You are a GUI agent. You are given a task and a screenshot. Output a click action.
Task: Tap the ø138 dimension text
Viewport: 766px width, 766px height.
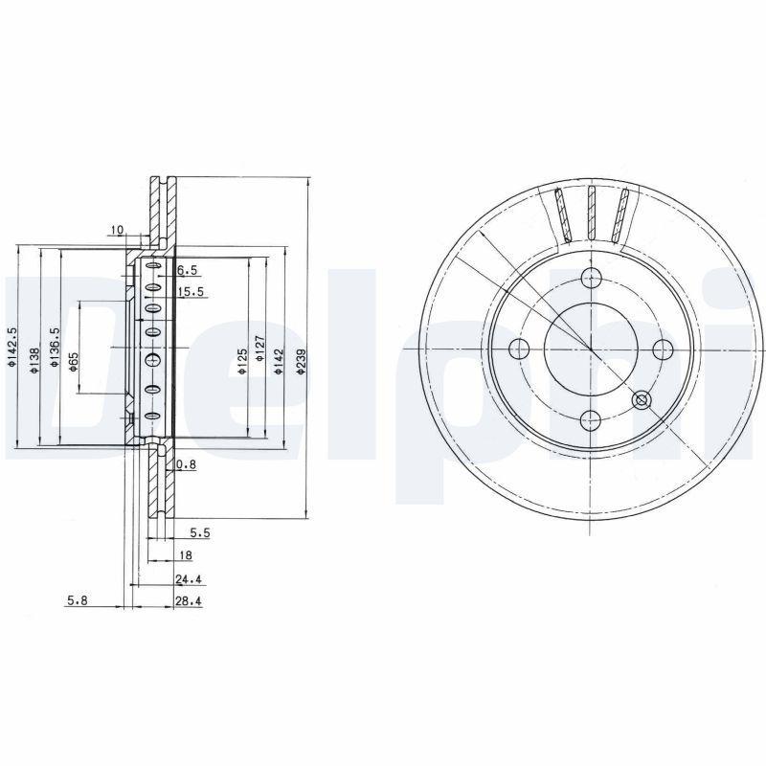click(34, 361)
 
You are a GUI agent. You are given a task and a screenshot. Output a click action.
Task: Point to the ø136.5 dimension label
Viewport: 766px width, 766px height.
click(55, 347)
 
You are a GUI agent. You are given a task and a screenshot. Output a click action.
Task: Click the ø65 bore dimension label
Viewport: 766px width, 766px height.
click(74, 362)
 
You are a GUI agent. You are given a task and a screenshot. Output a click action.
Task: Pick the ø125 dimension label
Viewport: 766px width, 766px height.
click(242, 362)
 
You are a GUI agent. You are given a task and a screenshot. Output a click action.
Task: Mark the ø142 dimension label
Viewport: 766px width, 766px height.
click(279, 362)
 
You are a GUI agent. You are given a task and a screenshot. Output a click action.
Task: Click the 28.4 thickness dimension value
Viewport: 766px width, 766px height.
click(189, 601)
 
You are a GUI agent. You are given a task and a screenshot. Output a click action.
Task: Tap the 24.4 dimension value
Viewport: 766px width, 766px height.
click(189, 579)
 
